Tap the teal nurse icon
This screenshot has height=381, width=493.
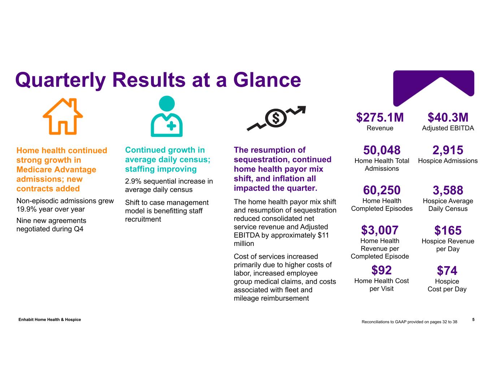[167, 116]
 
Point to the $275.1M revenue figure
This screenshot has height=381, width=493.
[380, 118]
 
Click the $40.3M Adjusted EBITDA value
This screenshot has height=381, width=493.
[448, 118]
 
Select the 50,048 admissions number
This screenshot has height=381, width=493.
[382, 150]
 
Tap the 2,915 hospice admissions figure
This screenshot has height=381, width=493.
[448, 150]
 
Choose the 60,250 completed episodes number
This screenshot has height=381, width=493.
[382, 190]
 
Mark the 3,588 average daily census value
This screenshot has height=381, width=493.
[448, 190]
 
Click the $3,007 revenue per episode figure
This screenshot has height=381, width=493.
[380, 230]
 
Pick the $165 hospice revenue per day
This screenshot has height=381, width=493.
[448, 230]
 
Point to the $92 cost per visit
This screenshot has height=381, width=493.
[381, 270]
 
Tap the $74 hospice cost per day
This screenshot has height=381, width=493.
[447, 270]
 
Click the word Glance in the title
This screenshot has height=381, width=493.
[267, 80]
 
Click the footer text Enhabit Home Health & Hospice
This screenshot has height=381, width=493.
[50, 320]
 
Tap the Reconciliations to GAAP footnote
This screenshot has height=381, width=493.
[409, 322]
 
